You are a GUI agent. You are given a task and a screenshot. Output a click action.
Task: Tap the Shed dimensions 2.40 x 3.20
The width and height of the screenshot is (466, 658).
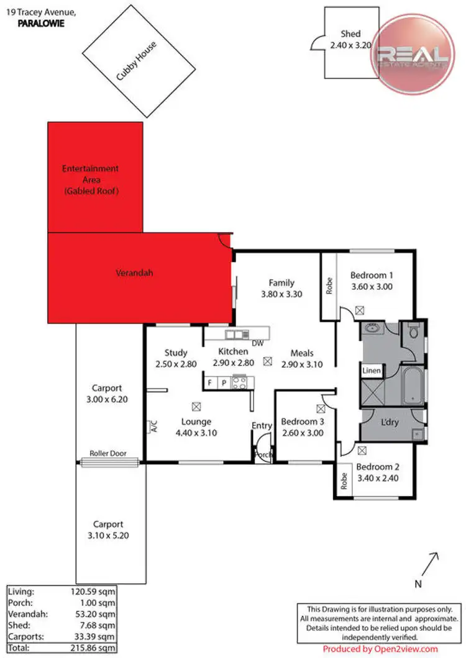coord(350,45)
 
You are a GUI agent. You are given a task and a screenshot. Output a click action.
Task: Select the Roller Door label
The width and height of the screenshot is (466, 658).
coord(108,454)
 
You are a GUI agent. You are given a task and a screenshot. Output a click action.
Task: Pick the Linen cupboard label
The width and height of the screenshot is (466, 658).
coord(371,371)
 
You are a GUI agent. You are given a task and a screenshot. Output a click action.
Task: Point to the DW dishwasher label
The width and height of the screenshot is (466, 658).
coord(257,343)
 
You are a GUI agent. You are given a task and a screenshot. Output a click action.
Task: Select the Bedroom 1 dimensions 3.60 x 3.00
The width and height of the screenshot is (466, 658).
coord(372,287)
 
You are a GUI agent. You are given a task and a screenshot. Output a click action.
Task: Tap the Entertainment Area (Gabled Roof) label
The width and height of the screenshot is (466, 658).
coord(90,180)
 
